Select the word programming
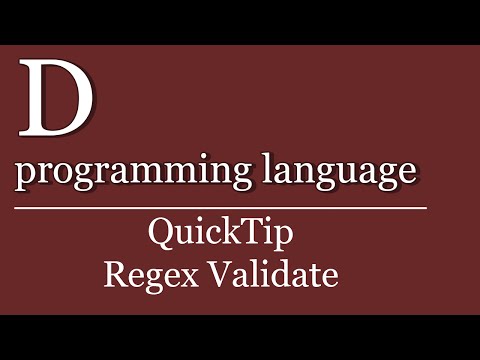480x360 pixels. coord(122,172)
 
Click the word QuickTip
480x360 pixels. coord(220,236)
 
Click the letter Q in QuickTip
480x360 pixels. coord(160,235)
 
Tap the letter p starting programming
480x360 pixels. coord(28,176)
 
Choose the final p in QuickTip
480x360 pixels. coord(280,240)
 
